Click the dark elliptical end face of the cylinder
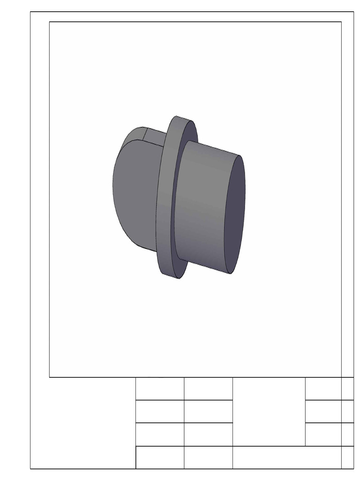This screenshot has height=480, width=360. [x=235, y=215]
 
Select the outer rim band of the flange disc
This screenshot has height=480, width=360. [x=166, y=197]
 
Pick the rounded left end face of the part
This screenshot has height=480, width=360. [x=134, y=192]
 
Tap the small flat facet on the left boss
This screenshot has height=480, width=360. [x=155, y=135]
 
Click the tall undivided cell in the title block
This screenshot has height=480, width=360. [x=269, y=412]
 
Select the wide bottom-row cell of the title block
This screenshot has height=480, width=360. [x=286, y=457]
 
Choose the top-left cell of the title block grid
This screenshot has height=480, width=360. [x=160, y=389]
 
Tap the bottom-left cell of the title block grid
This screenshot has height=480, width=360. [x=160, y=457]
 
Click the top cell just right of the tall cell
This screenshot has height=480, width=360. [x=323, y=389]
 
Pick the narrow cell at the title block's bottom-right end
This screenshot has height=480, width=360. [x=347, y=457]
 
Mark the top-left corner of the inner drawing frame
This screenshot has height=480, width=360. [x=50, y=22]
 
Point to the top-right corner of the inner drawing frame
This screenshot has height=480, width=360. [x=341, y=22]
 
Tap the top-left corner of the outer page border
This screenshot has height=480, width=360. [x=30, y=12]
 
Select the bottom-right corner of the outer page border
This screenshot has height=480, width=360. [x=353, y=468]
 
